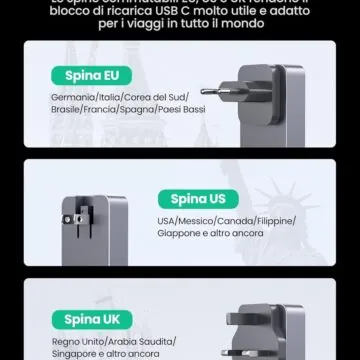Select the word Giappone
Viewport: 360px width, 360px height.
pos(177,232)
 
